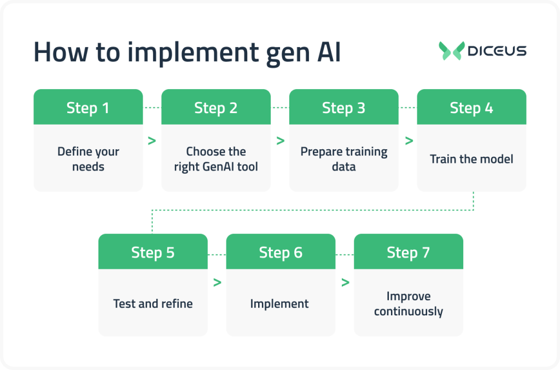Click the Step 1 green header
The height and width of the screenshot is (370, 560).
point(88,108)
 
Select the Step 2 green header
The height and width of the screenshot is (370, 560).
point(216,108)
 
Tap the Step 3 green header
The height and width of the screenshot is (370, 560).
point(343,108)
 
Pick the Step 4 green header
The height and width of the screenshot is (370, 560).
point(471,108)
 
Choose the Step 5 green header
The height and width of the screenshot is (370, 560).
point(153,252)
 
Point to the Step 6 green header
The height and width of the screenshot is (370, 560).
point(281,252)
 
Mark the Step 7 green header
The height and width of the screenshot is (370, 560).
point(409,252)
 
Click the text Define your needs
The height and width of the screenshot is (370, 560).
point(88,159)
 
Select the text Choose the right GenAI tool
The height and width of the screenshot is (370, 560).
point(216,159)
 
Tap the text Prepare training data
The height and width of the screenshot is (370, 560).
point(343,159)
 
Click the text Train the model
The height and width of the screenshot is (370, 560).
point(471,159)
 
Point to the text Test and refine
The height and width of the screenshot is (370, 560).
point(153,303)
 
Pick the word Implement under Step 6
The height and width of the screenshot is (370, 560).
point(279,303)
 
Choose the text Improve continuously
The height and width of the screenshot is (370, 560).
point(409,304)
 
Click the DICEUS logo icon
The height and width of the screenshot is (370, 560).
point(451,51)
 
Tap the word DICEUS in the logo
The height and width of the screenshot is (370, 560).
point(497,51)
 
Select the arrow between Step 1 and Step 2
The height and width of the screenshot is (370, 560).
point(151,140)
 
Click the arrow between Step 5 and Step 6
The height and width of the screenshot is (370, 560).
point(217,283)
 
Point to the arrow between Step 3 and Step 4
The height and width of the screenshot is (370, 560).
point(409,140)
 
